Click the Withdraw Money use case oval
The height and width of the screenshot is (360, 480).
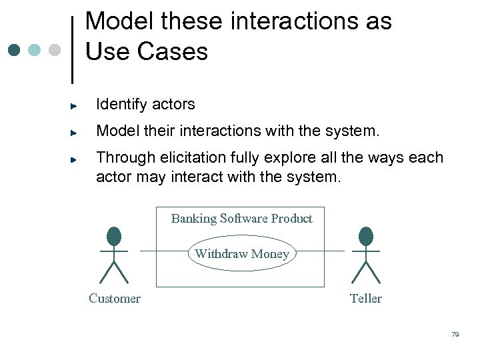pyautogui.click(x=241, y=253)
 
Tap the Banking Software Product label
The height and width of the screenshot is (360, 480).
pyautogui.click(x=241, y=219)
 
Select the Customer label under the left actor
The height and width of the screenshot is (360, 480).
pyautogui.click(x=115, y=299)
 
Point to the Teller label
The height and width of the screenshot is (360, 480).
pyautogui.click(x=366, y=299)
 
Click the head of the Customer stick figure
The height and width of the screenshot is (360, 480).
pyautogui.click(x=114, y=236)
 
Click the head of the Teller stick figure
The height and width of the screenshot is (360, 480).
pyautogui.click(x=366, y=236)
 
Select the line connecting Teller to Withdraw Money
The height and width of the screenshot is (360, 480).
pyautogui.click(x=320, y=251)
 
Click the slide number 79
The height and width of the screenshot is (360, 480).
pyautogui.click(x=455, y=335)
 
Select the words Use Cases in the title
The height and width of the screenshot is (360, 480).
pyautogui.click(x=147, y=51)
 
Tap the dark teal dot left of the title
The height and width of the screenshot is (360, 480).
pyautogui.click(x=15, y=50)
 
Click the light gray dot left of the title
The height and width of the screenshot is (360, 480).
pyautogui.click(x=55, y=50)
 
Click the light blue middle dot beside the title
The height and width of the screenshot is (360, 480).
pyautogui.click(x=35, y=50)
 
